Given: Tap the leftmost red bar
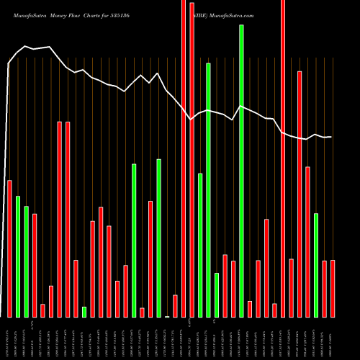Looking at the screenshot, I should tap(9, 248).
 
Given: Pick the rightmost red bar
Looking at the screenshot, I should tap(333, 288).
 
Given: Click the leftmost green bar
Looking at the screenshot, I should tap(18, 256).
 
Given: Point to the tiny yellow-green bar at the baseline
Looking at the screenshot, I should tap(167, 316).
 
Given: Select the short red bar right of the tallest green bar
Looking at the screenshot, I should tap(250, 309).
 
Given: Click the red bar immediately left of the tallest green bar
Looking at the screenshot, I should tap(233, 289).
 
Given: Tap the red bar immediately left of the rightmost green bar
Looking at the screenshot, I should tap(307, 242).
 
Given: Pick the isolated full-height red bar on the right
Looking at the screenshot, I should tap(283, 158).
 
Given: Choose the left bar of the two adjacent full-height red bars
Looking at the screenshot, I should tap(184, 158).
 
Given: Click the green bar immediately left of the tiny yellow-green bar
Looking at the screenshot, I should tap(158, 238).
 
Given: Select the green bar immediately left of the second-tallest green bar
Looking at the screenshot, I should tap(200, 245).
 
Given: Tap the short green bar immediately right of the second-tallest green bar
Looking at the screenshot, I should tap(217, 294).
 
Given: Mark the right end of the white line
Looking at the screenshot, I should tap(331, 137).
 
